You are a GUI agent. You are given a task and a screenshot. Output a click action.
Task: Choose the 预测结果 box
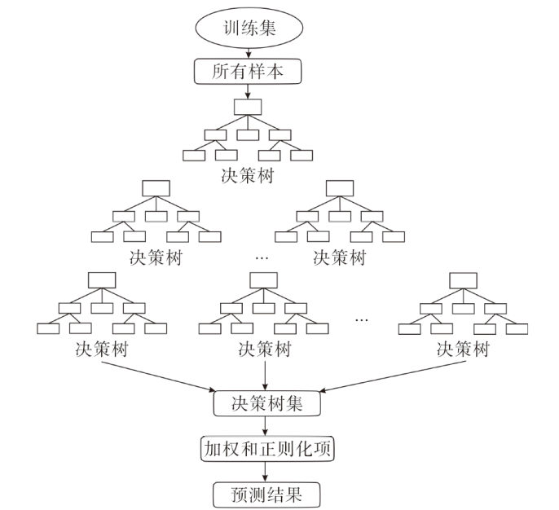(x=265, y=495)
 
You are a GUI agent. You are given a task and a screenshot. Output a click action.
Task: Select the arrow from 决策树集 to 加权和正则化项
(x=265, y=426)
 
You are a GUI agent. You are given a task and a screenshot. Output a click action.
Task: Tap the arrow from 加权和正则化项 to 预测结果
(x=265, y=472)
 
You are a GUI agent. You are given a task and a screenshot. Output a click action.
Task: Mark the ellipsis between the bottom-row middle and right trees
(x=362, y=318)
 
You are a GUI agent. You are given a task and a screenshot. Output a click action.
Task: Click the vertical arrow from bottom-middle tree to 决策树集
(x=265, y=375)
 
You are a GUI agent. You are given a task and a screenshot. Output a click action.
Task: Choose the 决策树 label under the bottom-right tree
(x=463, y=350)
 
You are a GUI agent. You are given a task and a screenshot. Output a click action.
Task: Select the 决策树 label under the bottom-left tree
(x=100, y=350)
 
